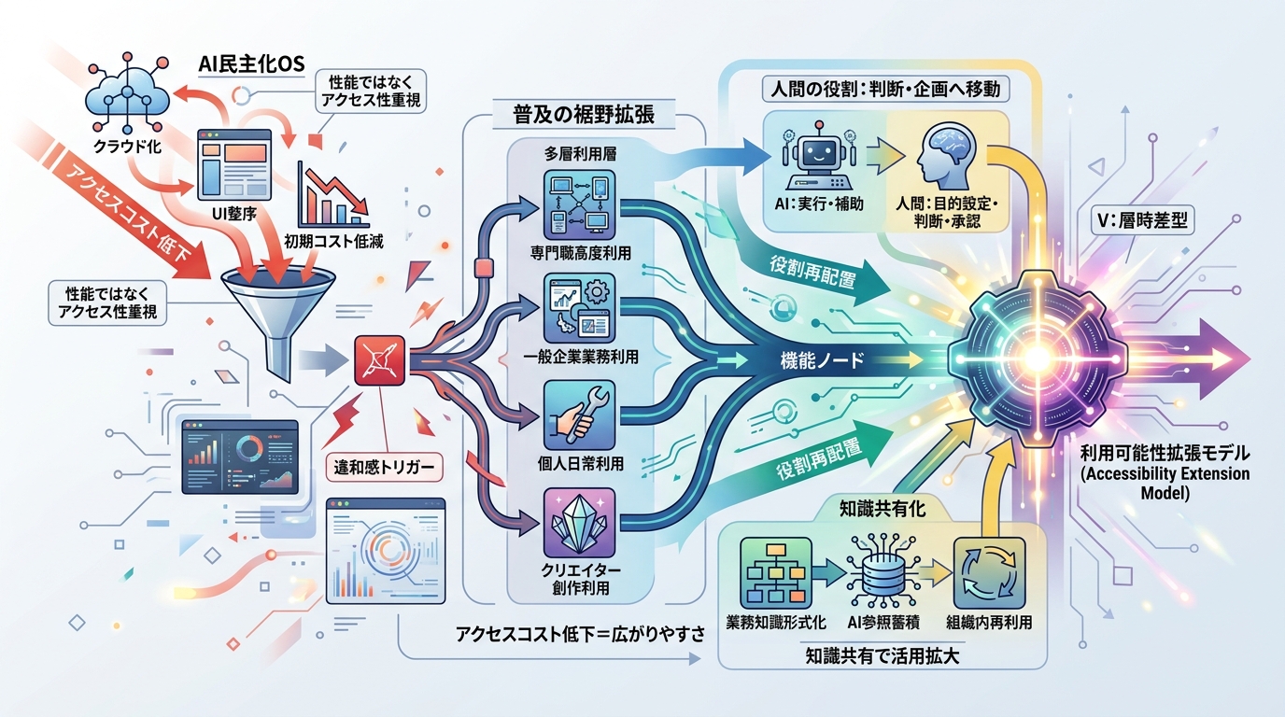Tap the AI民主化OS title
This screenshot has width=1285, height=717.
(x=251, y=63)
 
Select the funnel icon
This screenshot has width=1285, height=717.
(x=279, y=322)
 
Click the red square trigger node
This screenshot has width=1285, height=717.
(x=380, y=360)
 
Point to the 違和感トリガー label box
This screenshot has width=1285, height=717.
(x=385, y=468)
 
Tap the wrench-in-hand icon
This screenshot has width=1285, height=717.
(x=579, y=415)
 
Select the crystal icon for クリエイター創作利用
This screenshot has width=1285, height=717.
(x=579, y=523)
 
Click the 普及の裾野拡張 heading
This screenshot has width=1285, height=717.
(x=584, y=115)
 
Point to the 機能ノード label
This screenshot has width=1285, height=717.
(x=822, y=360)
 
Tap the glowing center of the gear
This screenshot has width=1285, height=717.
(x=1036, y=359)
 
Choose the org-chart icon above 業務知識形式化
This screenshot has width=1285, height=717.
(x=776, y=573)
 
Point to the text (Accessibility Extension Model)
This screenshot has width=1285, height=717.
(x=1165, y=483)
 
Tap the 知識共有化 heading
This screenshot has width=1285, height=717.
(x=883, y=508)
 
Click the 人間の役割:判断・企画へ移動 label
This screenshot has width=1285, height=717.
(x=885, y=90)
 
